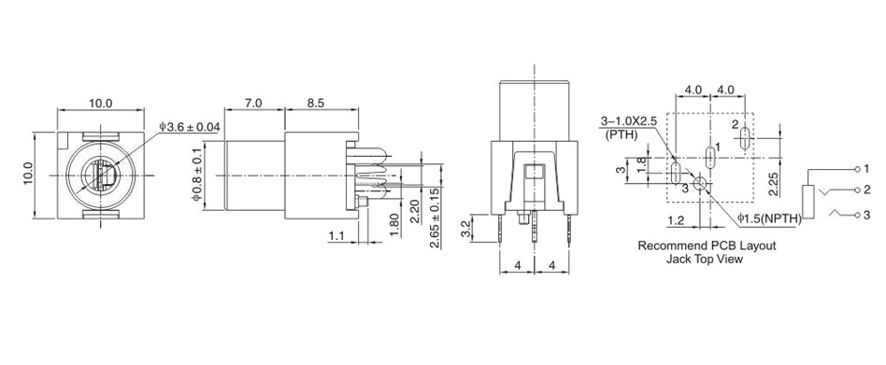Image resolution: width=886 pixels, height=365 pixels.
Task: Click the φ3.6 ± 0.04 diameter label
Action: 190,127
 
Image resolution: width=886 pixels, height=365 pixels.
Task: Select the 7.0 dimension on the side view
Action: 254,104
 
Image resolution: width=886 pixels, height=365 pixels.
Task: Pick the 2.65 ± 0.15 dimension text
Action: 435,217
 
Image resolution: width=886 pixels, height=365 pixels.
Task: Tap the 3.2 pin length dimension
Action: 465,228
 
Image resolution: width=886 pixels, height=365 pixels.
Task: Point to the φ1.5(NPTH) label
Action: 769,218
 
